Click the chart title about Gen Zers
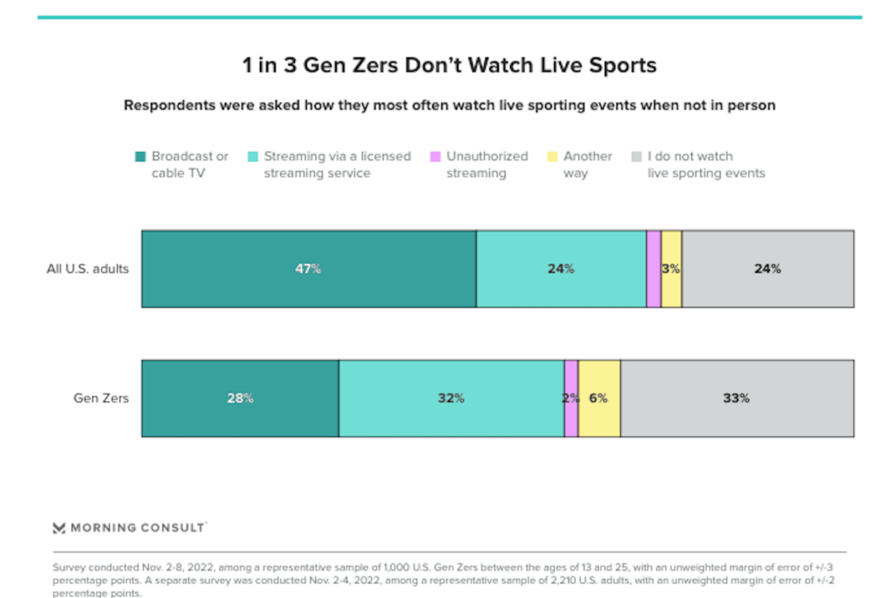(x=449, y=66)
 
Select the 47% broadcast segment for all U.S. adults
(x=309, y=269)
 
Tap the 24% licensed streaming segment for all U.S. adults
(x=561, y=269)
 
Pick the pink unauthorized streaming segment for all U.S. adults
(x=654, y=269)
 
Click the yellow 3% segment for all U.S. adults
(x=671, y=269)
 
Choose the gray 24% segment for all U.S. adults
(x=767, y=269)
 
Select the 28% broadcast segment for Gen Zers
(x=241, y=398)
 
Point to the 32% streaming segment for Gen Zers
(x=451, y=398)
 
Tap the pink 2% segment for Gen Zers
(x=570, y=398)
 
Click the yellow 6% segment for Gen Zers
(x=599, y=398)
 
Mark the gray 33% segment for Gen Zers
(x=737, y=398)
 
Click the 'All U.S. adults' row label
(x=87, y=269)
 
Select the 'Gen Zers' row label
(x=101, y=399)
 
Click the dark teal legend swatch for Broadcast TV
(x=139, y=156)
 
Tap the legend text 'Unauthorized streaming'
(x=486, y=164)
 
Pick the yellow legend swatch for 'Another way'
(x=551, y=156)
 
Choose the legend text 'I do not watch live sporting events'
(x=706, y=164)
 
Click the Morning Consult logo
(x=129, y=528)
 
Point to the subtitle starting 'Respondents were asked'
(x=449, y=105)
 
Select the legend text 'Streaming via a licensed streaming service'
(x=337, y=164)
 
